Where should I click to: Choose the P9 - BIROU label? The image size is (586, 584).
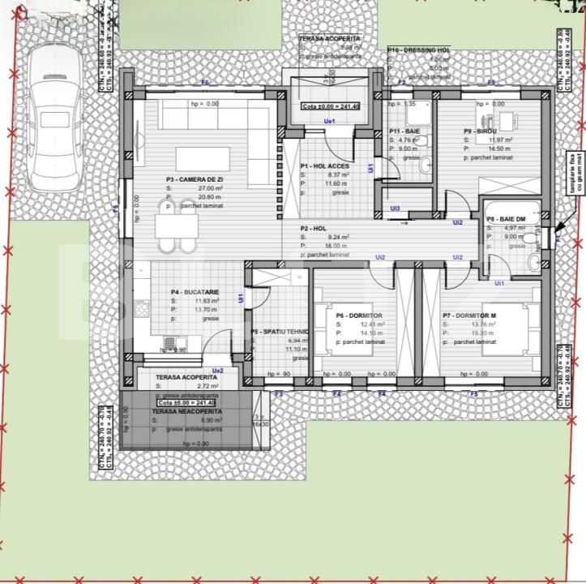tap(480, 131)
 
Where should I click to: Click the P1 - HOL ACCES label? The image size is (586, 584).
tap(325, 165)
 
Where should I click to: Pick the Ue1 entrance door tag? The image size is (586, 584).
tap(329, 121)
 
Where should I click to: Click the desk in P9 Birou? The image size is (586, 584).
tap(507, 124)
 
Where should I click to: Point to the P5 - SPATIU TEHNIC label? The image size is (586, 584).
tap(281, 332)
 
